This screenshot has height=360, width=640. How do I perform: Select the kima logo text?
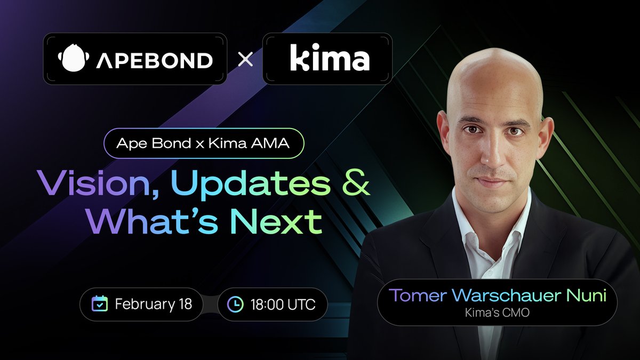pyautogui.click(x=329, y=59)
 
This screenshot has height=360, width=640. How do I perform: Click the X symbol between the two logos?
pyautogui.click(x=245, y=59)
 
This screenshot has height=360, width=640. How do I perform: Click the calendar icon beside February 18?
pyautogui.click(x=100, y=305)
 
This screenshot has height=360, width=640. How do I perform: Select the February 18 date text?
pyautogui.click(x=153, y=305)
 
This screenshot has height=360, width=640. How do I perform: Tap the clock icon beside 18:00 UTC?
pyautogui.click(x=235, y=305)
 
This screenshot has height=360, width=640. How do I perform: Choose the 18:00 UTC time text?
pyautogui.click(x=282, y=305)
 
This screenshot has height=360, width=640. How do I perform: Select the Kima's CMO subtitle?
pyautogui.click(x=497, y=311)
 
